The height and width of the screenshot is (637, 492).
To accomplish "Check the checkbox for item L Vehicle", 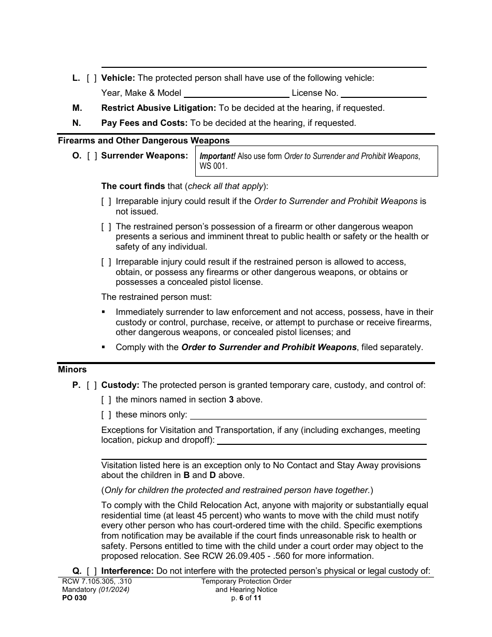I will pos(92,78).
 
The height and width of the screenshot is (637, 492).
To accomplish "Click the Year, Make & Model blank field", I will pos(236,94).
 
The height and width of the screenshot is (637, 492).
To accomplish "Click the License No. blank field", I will pos(383,94).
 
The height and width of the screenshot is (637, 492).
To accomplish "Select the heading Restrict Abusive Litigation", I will pos(158,108).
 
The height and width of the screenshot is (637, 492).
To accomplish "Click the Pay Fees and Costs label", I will pos(144,123).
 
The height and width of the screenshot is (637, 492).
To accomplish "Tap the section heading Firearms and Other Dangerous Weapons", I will pos(143,140).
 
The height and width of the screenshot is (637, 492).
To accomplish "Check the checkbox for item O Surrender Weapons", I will pos(92,155).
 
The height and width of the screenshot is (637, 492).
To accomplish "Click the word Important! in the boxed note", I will pos(218,156).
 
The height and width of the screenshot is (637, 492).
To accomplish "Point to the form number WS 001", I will pos(213,167).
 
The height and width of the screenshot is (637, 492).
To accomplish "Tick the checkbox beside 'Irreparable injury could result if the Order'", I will pos(106,201).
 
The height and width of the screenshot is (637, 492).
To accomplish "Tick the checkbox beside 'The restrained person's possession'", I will pos(106,227).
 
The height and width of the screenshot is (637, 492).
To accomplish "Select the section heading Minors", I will pos(73,370).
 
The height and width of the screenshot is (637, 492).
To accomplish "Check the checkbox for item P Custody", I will pos(92,385).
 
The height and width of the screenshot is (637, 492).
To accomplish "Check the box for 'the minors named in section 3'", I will pos(106,400).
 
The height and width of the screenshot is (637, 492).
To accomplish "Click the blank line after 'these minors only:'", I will pos(308,415).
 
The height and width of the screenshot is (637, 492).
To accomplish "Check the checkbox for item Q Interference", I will pos(92,571).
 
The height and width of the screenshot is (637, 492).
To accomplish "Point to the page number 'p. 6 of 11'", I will pos(247,598).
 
